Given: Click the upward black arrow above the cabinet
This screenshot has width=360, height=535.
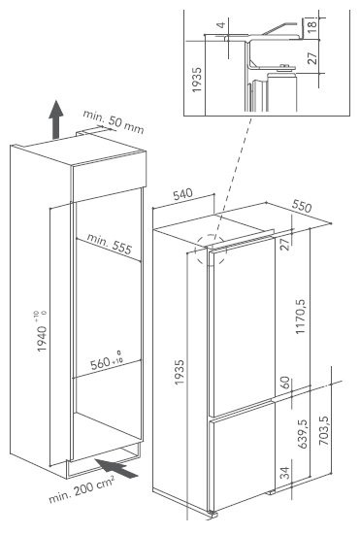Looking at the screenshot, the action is coord(56,119).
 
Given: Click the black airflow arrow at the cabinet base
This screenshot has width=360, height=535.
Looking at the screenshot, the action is coord(116,468).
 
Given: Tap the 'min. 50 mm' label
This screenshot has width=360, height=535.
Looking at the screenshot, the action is coord(114,121).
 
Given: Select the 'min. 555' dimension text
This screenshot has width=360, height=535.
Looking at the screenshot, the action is coord(109,244).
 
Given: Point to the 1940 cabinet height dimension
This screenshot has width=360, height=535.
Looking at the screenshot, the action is coord(42,332).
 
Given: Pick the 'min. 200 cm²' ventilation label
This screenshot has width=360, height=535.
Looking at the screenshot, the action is coord(82,489).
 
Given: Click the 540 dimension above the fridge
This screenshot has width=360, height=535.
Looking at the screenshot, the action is coord(182,194).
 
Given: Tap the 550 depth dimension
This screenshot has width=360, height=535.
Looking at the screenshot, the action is coord(302,206).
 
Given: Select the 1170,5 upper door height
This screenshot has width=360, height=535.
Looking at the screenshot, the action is coord(301,317).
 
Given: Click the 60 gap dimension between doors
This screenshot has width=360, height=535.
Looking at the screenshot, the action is coord(285,383).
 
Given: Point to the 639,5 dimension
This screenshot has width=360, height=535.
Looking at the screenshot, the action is coord(302,433).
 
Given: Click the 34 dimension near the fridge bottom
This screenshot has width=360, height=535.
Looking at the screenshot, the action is coord(285,473).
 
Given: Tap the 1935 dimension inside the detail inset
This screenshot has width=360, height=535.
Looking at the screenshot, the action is coord(197,80).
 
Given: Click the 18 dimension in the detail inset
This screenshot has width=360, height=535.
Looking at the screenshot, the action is coord(311,24).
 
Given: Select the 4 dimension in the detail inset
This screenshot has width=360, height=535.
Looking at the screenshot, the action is coord(221,25).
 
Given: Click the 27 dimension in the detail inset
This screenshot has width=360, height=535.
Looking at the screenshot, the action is coord(311,57).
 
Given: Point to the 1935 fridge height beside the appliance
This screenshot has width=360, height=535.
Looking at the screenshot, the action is coord(180,372).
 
